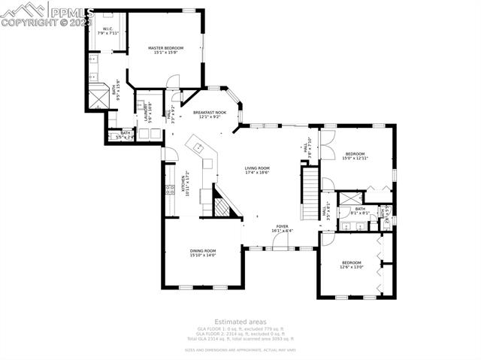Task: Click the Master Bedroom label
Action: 165,50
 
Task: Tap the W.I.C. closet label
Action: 107,31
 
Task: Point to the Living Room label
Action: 256,171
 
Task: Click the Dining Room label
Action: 202,253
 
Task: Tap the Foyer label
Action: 282,228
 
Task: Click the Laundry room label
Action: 148,110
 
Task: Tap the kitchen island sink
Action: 198,145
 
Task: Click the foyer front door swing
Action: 283,241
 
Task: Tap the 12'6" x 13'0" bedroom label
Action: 351,265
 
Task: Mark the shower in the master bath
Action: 98,96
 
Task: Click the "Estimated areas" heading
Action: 240,322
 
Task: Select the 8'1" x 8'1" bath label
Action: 360,210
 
